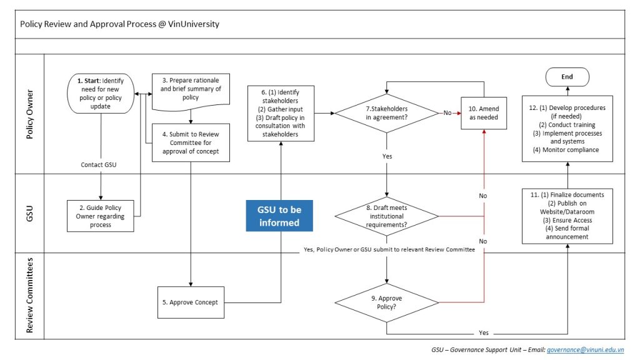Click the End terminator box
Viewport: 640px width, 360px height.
tap(567, 77)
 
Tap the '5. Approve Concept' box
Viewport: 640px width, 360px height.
tap(189, 302)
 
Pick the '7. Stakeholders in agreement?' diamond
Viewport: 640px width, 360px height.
tap(386, 112)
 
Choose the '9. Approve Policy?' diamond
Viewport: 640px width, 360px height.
tap(386, 302)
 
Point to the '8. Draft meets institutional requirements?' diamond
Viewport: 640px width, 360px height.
tap(386, 216)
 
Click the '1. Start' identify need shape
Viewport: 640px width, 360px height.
tap(101, 94)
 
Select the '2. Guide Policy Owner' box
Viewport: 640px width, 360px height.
tap(101, 216)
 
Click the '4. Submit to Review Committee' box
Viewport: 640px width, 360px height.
tap(190, 142)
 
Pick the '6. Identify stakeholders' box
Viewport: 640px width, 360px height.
tap(281, 113)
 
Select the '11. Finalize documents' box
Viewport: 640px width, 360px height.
tap(567, 215)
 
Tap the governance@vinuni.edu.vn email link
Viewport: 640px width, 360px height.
tap(590, 350)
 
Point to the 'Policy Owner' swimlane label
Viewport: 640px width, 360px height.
tap(29, 114)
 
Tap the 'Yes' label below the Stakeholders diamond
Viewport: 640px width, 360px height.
tap(387, 156)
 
